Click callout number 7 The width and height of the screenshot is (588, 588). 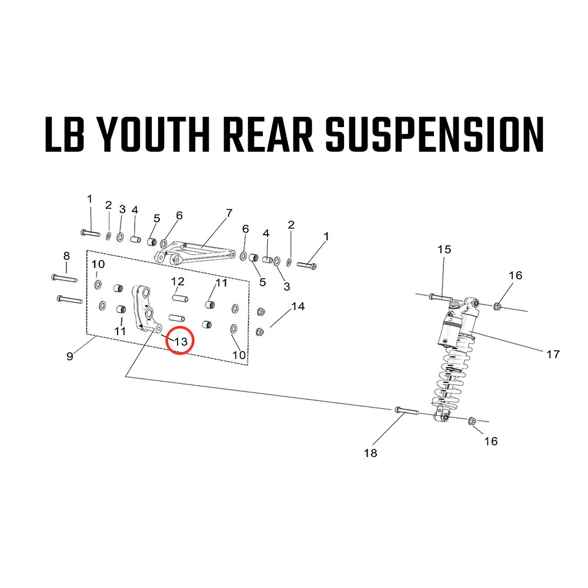(229, 212)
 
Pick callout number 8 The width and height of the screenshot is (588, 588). (66, 256)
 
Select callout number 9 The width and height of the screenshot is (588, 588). (70, 356)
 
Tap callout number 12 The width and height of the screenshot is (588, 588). (178, 281)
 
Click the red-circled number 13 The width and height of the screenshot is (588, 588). (180, 340)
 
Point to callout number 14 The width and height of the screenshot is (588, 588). (298, 306)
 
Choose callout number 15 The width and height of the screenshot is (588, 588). (444, 249)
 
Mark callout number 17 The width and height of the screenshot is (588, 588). (553, 354)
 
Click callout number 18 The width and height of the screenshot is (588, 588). (370, 453)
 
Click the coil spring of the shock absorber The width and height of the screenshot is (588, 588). (452, 376)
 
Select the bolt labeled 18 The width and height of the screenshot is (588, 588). (406, 410)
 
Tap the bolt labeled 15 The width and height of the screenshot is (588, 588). (440, 297)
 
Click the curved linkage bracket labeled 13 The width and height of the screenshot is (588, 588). (145, 309)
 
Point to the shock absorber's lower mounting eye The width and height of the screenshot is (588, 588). (443, 417)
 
